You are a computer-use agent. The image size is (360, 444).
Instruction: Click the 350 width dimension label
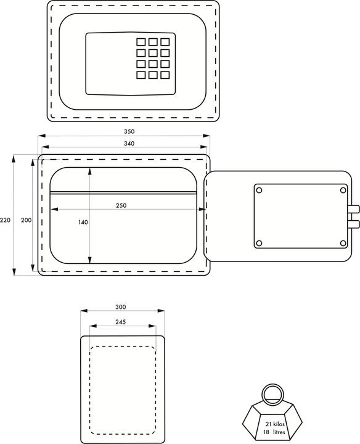pos(129,131)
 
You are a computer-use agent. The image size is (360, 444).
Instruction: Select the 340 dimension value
pos(129,144)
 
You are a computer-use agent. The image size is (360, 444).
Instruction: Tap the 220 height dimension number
pos(5,220)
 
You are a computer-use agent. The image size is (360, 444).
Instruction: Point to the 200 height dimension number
pos(27,220)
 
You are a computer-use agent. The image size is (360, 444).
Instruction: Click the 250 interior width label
pos(121,205)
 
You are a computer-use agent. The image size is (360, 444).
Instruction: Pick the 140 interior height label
pos(83,222)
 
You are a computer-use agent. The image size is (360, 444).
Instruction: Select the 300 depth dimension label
pos(121,307)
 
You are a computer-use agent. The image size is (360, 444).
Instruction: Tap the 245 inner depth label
pos(121,322)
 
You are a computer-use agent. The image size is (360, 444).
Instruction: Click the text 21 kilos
pos(275,424)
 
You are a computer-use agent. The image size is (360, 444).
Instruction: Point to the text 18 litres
pos(274,432)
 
